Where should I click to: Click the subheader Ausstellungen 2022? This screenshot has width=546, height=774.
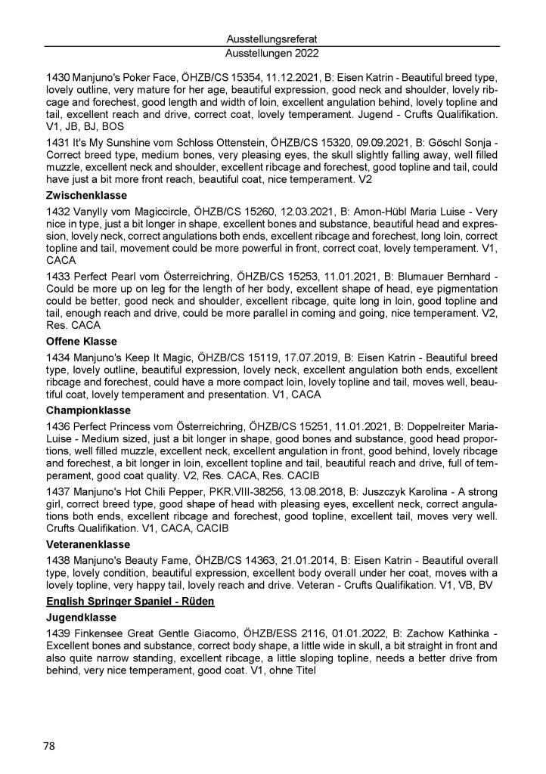272,54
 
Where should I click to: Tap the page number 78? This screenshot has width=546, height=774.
50,746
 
